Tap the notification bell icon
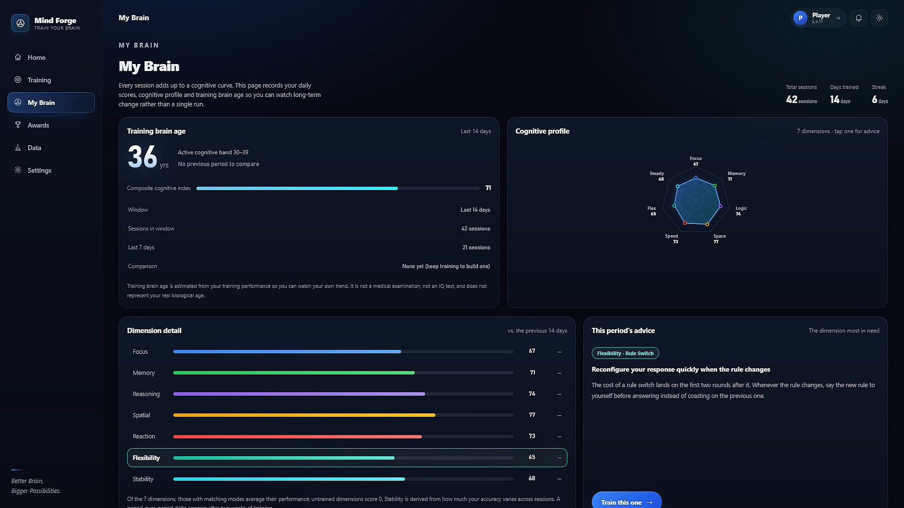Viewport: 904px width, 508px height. point(859,18)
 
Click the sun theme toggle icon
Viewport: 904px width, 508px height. point(880,18)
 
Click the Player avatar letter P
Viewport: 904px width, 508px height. point(800,18)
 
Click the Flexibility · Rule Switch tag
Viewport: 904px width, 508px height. point(625,353)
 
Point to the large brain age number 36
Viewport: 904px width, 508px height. point(142,157)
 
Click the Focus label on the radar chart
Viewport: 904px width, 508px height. point(695,159)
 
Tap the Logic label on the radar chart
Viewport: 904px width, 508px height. point(741,208)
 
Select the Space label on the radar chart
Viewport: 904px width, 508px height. point(719,236)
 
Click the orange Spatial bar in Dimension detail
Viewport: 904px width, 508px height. point(304,415)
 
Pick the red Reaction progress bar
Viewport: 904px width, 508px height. point(298,437)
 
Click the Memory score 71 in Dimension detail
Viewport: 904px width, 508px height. point(533,373)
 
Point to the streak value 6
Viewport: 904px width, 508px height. point(874,99)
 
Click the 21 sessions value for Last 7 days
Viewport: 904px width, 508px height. point(476,247)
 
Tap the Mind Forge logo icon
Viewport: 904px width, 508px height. point(20,23)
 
